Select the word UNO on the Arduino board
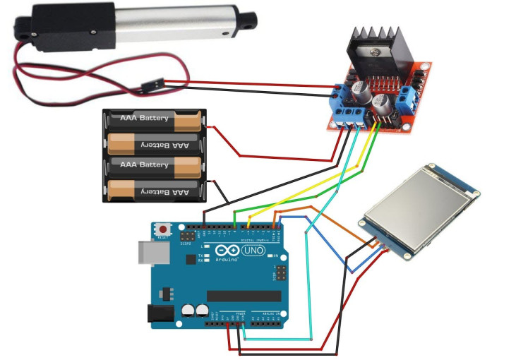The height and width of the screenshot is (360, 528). [253, 251]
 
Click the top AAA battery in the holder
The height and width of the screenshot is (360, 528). [153, 119]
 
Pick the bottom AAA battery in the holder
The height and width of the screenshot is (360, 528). [153, 191]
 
